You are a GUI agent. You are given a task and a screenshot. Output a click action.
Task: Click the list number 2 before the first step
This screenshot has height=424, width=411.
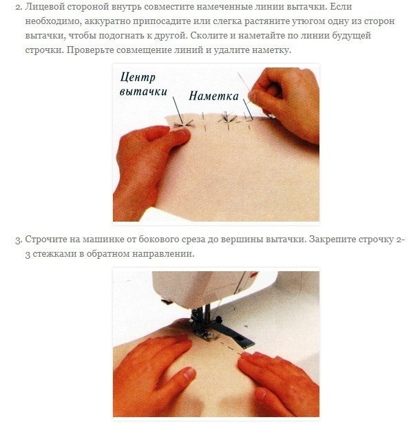(x=18, y=7)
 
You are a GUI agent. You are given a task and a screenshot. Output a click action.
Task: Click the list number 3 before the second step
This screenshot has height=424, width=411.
(x=18, y=240)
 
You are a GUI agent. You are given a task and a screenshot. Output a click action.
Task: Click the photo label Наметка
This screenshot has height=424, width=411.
(x=213, y=96)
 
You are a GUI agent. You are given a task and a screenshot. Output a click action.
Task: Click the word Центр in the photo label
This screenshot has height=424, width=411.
(x=138, y=77)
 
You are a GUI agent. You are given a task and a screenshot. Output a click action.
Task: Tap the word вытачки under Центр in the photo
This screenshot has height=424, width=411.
(x=143, y=92)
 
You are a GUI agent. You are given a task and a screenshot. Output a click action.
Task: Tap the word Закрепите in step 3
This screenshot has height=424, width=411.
(x=332, y=240)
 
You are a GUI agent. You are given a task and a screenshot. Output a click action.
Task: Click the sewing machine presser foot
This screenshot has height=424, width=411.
(x=208, y=335)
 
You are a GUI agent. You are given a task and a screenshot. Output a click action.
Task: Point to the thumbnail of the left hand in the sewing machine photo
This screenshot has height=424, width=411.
(x=189, y=375)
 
